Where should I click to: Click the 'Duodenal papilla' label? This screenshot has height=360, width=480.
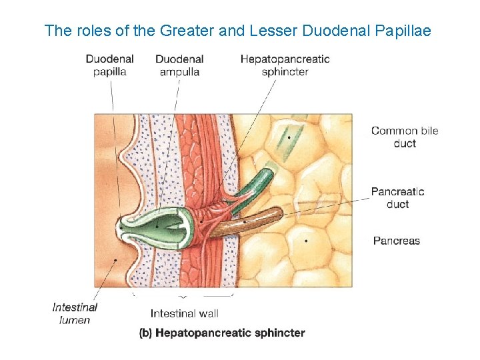109,65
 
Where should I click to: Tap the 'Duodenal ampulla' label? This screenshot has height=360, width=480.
179,65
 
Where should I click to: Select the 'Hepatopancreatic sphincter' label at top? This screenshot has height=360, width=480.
285,65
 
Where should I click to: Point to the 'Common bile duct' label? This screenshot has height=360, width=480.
405,137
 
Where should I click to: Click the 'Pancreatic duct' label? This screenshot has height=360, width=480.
397,197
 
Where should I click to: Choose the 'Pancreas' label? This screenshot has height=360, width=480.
396,241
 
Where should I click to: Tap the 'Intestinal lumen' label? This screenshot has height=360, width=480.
75,313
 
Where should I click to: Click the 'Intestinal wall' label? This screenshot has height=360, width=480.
184,313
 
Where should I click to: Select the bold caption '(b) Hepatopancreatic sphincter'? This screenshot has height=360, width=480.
221,333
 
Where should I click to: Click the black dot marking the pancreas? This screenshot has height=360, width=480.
306,240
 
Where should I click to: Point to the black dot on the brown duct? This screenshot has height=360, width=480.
245,221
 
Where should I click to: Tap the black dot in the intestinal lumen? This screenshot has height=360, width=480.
116,260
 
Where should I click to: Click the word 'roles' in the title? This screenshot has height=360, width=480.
85,31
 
